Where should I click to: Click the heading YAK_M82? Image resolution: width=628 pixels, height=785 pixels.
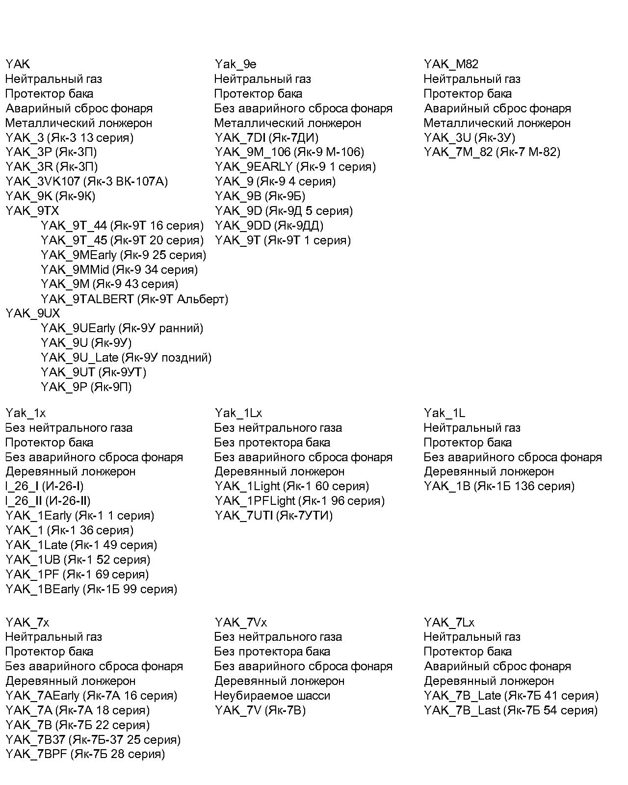[x=451, y=64]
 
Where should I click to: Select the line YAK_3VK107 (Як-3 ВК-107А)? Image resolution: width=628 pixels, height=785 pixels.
[x=86, y=182]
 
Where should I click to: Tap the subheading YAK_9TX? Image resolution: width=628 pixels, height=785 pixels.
[x=32, y=211]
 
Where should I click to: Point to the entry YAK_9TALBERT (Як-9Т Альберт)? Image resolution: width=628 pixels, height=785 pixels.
[x=134, y=299]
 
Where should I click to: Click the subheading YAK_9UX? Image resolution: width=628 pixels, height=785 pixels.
[x=32, y=314]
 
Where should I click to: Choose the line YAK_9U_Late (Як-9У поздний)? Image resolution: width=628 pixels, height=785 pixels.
[x=126, y=358]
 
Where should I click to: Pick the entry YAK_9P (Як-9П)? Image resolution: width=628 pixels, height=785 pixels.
[x=86, y=387]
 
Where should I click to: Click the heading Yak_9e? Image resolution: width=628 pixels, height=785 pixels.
[x=235, y=64]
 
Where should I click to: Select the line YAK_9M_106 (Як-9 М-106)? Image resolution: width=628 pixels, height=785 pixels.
[x=289, y=152]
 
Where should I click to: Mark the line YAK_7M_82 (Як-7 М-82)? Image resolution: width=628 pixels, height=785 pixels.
[x=492, y=152]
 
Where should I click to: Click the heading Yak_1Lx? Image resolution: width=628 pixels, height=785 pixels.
[x=238, y=413]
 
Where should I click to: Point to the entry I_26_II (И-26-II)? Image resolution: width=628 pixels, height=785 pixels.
[x=48, y=501]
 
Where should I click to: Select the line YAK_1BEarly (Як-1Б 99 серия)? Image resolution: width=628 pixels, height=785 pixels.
[x=91, y=589]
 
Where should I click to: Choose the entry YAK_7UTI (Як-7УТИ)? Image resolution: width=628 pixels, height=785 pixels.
[x=273, y=516]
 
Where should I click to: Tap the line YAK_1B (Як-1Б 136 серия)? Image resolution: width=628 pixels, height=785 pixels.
[x=499, y=486]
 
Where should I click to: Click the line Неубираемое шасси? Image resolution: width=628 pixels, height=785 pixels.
[x=272, y=696]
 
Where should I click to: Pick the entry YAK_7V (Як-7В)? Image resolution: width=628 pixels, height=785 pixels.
[x=260, y=710]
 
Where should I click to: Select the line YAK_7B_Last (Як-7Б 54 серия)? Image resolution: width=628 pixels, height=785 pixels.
[x=511, y=710]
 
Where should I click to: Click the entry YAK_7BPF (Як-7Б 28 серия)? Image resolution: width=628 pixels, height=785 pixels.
[x=85, y=754]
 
